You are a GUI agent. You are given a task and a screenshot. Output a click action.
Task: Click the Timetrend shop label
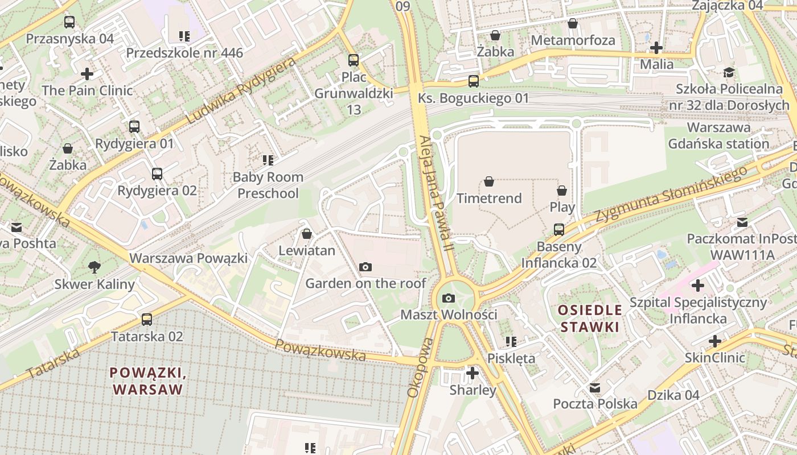[x=489, y=198]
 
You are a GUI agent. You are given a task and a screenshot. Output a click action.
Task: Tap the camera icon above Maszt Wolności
[x=449, y=298]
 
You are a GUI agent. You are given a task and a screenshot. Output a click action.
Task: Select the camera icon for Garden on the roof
[x=365, y=267]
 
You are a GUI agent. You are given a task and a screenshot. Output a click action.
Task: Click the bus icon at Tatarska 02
[x=147, y=320]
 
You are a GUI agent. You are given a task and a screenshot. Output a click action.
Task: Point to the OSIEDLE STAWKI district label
[x=589, y=318]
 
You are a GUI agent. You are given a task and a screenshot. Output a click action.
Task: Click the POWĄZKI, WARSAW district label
[x=148, y=381]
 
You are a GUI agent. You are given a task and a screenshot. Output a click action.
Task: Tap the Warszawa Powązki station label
[x=188, y=258]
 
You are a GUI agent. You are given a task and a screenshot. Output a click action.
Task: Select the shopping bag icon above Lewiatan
[x=307, y=234]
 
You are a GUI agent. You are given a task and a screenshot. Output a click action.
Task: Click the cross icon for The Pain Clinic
[x=87, y=74]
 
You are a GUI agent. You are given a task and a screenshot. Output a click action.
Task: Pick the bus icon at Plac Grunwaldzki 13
[x=354, y=60]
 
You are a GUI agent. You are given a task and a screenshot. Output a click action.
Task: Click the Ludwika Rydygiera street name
[x=242, y=91]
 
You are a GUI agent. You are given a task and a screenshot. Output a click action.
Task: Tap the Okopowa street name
[x=421, y=367]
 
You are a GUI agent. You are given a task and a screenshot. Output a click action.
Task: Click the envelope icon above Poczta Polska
[x=595, y=388]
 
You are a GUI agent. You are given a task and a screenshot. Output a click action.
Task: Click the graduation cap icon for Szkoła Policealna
[x=729, y=73]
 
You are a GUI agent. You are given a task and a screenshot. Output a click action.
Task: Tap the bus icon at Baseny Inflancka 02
[x=559, y=230]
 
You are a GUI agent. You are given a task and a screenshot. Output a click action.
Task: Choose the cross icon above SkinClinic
[x=715, y=341]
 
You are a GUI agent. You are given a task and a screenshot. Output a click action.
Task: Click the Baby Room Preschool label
[x=268, y=185]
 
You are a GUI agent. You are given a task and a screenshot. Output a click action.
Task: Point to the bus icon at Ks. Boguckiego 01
[x=474, y=81]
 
